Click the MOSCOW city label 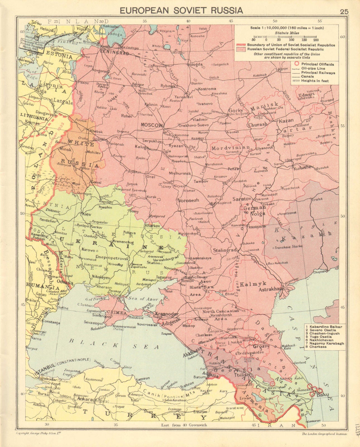[x=151, y=125]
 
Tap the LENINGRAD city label [x=115, y=53]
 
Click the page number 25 [x=344, y=11]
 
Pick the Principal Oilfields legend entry [x=317, y=64]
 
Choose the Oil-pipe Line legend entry [x=313, y=68]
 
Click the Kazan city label [x=286, y=121]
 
